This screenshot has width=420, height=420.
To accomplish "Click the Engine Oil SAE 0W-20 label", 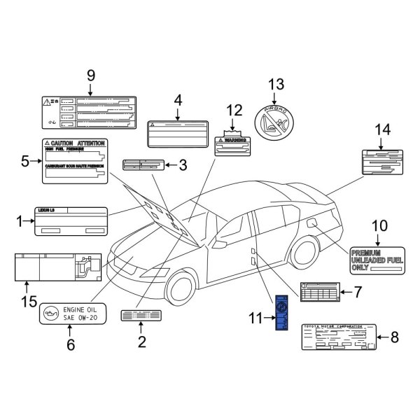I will pyautogui.click(x=72, y=313).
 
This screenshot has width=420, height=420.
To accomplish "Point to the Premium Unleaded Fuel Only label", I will pyautogui.click(x=376, y=259).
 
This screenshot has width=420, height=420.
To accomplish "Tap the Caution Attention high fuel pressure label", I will pyautogui.click(x=76, y=160).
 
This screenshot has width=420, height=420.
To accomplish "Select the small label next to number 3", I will pyautogui.click(x=143, y=165).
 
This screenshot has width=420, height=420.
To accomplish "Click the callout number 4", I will pyautogui.click(x=178, y=100).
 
